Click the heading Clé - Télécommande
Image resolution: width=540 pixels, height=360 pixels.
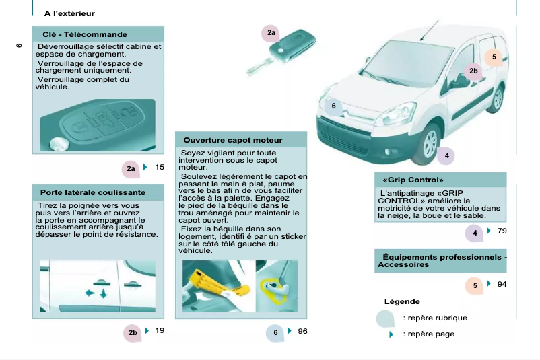(85, 34)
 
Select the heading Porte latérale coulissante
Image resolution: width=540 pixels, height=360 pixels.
(92, 192)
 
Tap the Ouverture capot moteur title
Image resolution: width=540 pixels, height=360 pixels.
(233, 140)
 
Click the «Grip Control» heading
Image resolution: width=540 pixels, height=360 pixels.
(413, 180)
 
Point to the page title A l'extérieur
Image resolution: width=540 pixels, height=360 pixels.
(69, 13)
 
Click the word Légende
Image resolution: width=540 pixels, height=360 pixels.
(402, 301)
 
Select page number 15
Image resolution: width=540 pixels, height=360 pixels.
(160, 167)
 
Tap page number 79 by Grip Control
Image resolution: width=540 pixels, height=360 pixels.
(502, 231)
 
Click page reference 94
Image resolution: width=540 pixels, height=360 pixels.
(502, 285)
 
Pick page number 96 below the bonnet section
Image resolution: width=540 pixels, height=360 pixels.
(302, 331)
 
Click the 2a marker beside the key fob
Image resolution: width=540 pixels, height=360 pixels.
(271, 33)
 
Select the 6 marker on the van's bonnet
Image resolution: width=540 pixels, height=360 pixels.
(333, 106)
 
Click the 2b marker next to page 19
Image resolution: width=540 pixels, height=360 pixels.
(133, 332)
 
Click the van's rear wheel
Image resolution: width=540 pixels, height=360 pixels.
(498, 99)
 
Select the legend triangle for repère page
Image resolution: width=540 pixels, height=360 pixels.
(391, 334)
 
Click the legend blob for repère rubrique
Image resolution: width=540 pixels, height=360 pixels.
(386, 318)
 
